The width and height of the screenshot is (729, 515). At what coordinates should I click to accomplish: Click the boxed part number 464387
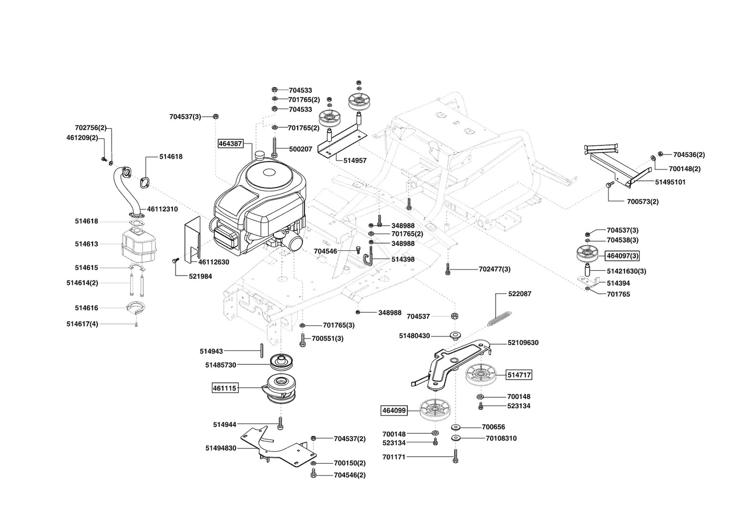point(231,143)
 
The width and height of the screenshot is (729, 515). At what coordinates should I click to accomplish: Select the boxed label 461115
point(225,388)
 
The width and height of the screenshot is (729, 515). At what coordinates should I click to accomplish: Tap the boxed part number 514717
point(519,375)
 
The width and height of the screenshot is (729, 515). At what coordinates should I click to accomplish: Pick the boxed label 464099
point(394,410)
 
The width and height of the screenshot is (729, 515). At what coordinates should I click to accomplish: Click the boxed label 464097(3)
point(623,256)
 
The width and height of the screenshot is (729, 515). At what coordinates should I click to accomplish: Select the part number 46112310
point(162,209)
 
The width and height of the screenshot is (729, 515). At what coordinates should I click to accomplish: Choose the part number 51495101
point(670,182)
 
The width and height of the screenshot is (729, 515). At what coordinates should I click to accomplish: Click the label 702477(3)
point(494,269)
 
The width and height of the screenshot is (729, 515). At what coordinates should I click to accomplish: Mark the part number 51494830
point(221,448)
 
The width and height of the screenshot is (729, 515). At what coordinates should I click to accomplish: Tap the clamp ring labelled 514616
point(136,308)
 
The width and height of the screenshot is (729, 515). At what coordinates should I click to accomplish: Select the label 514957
point(355,161)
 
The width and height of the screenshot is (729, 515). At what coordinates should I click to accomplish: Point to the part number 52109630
point(523,343)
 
